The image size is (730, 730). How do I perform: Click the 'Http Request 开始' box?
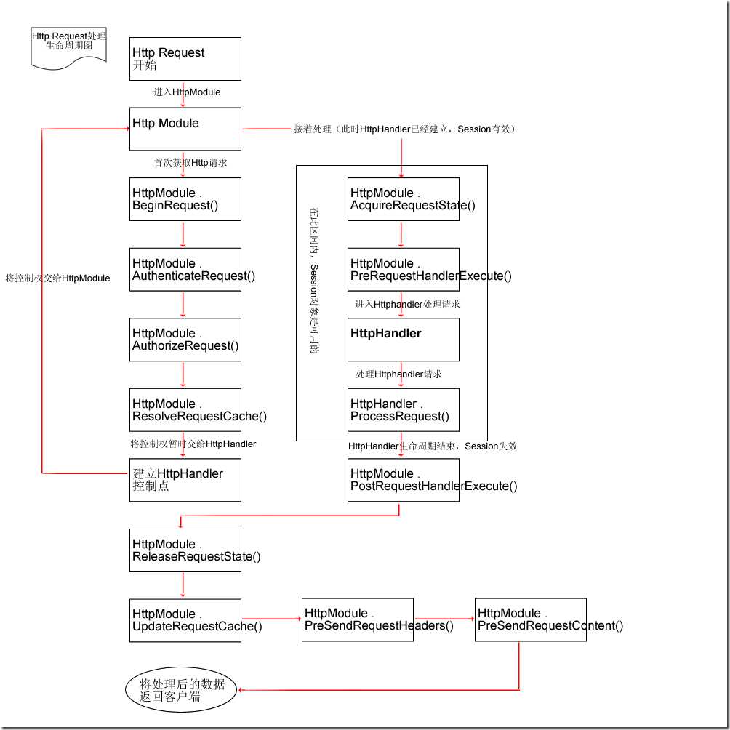[x=185, y=59]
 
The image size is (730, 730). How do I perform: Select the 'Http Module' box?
[x=185, y=129]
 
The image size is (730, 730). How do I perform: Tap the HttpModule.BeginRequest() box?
[x=185, y=199]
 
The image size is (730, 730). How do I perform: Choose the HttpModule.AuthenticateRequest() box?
[x=185, y=270]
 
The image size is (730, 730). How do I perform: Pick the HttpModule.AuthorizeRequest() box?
[x=185, y=340]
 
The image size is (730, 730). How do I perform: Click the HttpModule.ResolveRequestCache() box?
[x=185, y=410]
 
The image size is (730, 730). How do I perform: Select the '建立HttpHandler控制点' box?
[x=185, y=480]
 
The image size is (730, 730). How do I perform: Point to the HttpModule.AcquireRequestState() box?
[x=404, y=199]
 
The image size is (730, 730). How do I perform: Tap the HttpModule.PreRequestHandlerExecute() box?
[x=404, y=270]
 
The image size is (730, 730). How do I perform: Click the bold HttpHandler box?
[x=404, y=340]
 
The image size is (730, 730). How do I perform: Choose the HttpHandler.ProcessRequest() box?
[x=404, y=410]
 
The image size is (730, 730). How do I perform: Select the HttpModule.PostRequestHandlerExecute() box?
[x=404, y=480]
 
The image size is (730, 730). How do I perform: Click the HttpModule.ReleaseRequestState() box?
[x=185, y=550]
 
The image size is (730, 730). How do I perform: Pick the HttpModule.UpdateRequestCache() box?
[x=185, y=620]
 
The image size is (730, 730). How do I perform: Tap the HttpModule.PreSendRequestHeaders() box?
[x=358, y=619]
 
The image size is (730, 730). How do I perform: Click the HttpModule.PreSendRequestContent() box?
[x=530, y=619]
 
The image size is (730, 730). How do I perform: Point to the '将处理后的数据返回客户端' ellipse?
[x=181, y=690]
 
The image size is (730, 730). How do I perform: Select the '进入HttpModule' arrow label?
[x=187, y=92]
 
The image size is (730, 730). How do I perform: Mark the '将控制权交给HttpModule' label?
[x=57, y=278]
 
